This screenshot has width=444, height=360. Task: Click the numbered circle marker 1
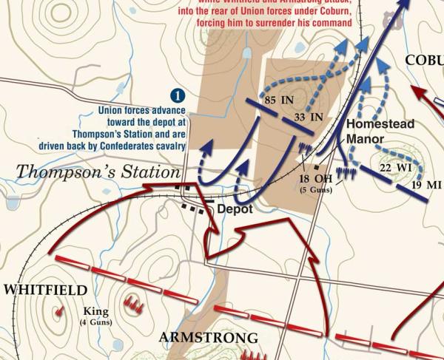point(177,95)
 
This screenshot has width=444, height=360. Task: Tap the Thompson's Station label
point(98,172)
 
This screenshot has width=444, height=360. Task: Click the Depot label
point(235,209)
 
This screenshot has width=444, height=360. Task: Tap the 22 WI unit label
point(395,168)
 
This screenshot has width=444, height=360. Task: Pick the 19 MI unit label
point(426,185)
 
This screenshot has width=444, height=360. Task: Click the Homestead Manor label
point(375,130)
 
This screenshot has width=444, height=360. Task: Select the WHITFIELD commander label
point(45,291)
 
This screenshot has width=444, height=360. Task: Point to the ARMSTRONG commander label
point(209,339)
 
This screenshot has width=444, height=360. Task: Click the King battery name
point(95,311)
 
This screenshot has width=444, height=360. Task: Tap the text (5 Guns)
point(316,190)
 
